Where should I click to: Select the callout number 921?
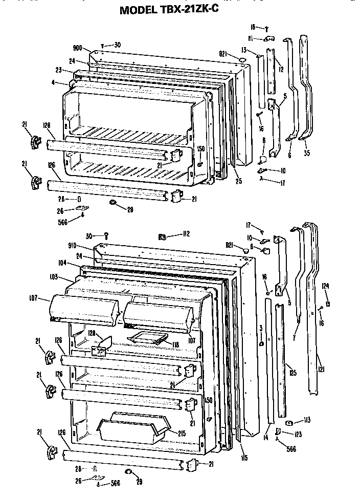coord(223,53)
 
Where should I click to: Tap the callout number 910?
coord(78,245)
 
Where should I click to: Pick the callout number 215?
coord(182,434)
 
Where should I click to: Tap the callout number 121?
coord(321,369)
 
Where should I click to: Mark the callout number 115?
coord(245,457)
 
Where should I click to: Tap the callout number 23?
coord(59,70)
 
